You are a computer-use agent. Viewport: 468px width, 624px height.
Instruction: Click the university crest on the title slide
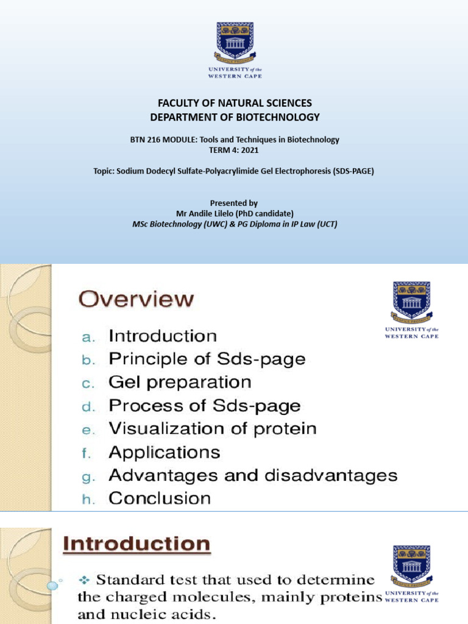pos(235,40)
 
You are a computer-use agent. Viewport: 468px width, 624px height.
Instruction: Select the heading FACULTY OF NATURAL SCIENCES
pos(235,104)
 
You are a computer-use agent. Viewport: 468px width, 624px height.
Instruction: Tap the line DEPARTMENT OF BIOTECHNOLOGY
pos(235,117)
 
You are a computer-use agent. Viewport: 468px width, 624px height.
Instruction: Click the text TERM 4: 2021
pos(235,149)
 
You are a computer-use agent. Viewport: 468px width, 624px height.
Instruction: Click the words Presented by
pos(234,203)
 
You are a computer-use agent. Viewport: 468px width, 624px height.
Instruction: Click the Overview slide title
pos(137,299)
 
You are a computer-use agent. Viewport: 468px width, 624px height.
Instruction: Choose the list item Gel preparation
pos(180,383)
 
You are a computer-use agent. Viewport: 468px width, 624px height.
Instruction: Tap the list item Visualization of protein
pos(213,428)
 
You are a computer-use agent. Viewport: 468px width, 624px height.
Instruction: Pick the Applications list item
pos(165,452)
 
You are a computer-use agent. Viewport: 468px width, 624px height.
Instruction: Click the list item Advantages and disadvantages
pos(253,475)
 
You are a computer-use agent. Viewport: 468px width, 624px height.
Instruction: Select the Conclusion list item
pos(160,498)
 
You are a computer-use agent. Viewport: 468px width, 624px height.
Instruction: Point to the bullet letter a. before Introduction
pos(88,337)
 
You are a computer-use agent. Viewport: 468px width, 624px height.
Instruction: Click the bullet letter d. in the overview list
pos(88,406)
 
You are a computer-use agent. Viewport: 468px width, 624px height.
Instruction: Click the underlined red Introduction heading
pos(137,544)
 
